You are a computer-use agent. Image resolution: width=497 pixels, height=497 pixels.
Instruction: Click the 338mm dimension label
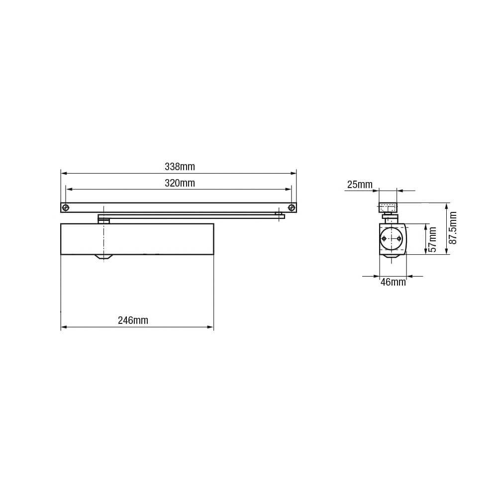point(180,167)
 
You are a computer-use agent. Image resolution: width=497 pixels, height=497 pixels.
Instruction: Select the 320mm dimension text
point(180,183)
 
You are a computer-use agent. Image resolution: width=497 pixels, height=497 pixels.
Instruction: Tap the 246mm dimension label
point(133,320)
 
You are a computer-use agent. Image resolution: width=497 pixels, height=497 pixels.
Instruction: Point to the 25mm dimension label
point(360,185)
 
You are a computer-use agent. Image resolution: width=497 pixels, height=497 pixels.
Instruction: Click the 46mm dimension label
point(393,282)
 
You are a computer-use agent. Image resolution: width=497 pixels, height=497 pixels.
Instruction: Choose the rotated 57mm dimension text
point(432,239)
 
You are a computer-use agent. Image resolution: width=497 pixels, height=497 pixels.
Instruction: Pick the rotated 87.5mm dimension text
point(453,228)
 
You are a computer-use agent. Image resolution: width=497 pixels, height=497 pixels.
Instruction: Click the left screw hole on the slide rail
point(66,208)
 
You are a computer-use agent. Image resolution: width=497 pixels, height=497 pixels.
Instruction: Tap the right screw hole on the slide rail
point(292,208)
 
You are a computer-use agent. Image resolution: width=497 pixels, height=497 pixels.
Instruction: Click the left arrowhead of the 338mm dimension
point(64,174)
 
